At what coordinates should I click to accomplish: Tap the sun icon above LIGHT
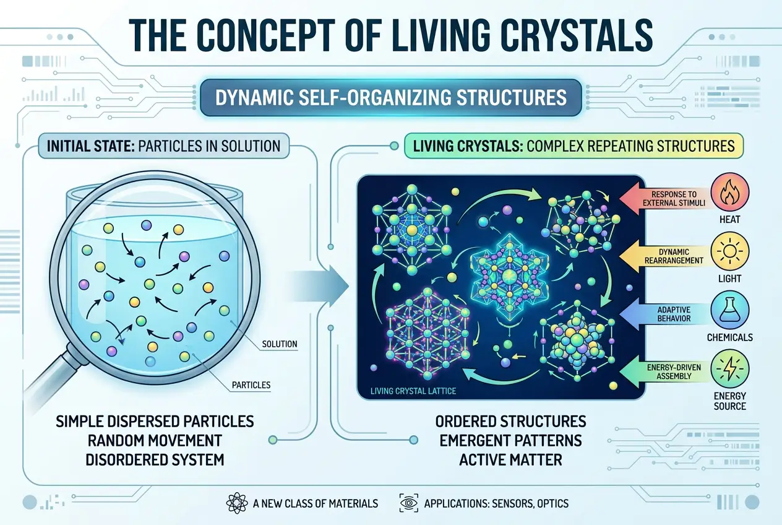click(733, 253)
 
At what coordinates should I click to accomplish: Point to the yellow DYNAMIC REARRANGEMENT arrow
click(668, 256)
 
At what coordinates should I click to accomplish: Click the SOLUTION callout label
click(280, 344)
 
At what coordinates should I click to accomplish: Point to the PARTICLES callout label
click(251, 385)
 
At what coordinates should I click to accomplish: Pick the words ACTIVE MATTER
click(511, 459)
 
